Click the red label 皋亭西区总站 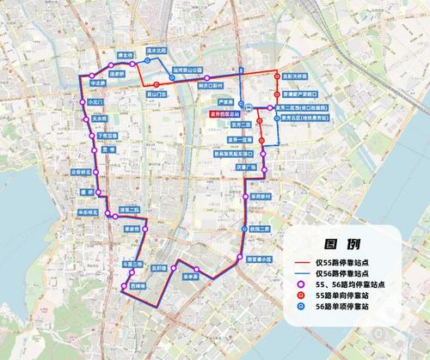(222, 113)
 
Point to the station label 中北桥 (96, 83)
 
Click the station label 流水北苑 (157, 51)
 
